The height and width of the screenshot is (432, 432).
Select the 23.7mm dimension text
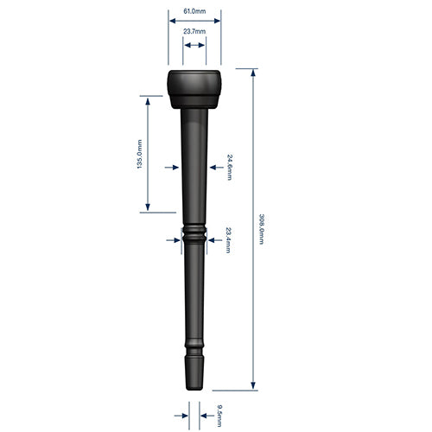[194, 32]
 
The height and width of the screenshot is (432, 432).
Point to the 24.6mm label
[229, 166]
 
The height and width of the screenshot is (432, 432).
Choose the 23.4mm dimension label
[228, 238]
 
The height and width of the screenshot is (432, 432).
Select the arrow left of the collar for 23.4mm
[175, 239]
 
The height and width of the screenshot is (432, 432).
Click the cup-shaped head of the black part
[194, 87]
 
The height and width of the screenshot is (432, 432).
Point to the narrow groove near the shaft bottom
[194, 351]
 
